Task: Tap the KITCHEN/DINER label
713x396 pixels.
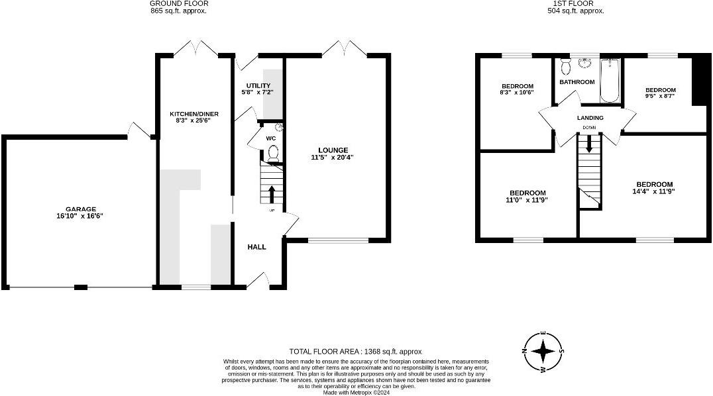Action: (194, 114)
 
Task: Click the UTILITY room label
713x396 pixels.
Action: (258, 85)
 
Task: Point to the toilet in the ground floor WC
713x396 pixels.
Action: (272, 154)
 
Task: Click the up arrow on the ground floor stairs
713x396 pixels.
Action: (272, 194)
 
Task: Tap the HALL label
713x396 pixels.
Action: (256, 247)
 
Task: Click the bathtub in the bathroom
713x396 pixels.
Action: (610, 81)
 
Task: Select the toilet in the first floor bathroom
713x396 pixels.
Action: (565, 67)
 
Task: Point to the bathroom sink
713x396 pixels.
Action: (585, 64)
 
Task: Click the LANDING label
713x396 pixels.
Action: (589, 118)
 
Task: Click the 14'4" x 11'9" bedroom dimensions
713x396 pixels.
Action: (654, 191)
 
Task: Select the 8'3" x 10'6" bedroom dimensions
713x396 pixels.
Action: (517, 93)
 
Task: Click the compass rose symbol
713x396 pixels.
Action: (543, 351)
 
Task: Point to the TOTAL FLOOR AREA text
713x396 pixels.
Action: (355, 351)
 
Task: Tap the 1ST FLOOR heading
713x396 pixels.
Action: (575, 4)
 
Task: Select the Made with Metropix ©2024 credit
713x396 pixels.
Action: (356, 393)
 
